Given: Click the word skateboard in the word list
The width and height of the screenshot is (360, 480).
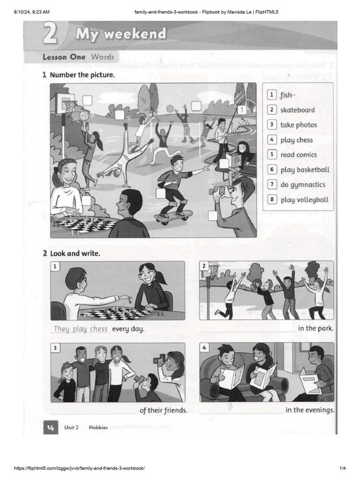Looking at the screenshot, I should tap(298, 110).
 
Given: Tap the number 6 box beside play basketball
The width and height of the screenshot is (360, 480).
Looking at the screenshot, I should tap(271, 170).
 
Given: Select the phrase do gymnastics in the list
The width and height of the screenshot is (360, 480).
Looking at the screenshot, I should tap(303, 185).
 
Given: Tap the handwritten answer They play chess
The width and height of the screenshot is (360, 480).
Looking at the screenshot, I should tap(81, 329).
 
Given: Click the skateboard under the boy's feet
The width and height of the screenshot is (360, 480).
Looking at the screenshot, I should tap(174, 216).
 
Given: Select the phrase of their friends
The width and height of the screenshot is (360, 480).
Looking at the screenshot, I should tap(164, 411).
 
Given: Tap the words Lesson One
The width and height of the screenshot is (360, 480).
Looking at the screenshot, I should tap(64, 57).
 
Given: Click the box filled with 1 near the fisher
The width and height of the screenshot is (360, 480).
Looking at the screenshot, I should tap(241, 110).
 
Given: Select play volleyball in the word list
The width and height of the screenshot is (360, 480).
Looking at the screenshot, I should tap(304, 200).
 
